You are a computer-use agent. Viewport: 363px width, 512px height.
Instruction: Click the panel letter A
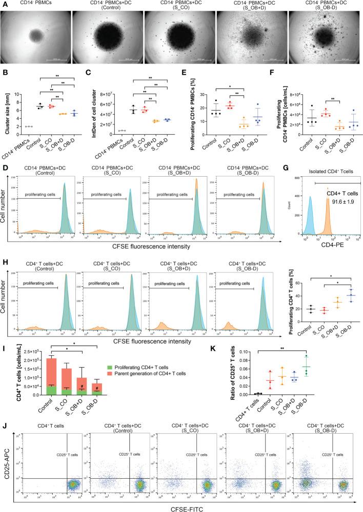point(4,5)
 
